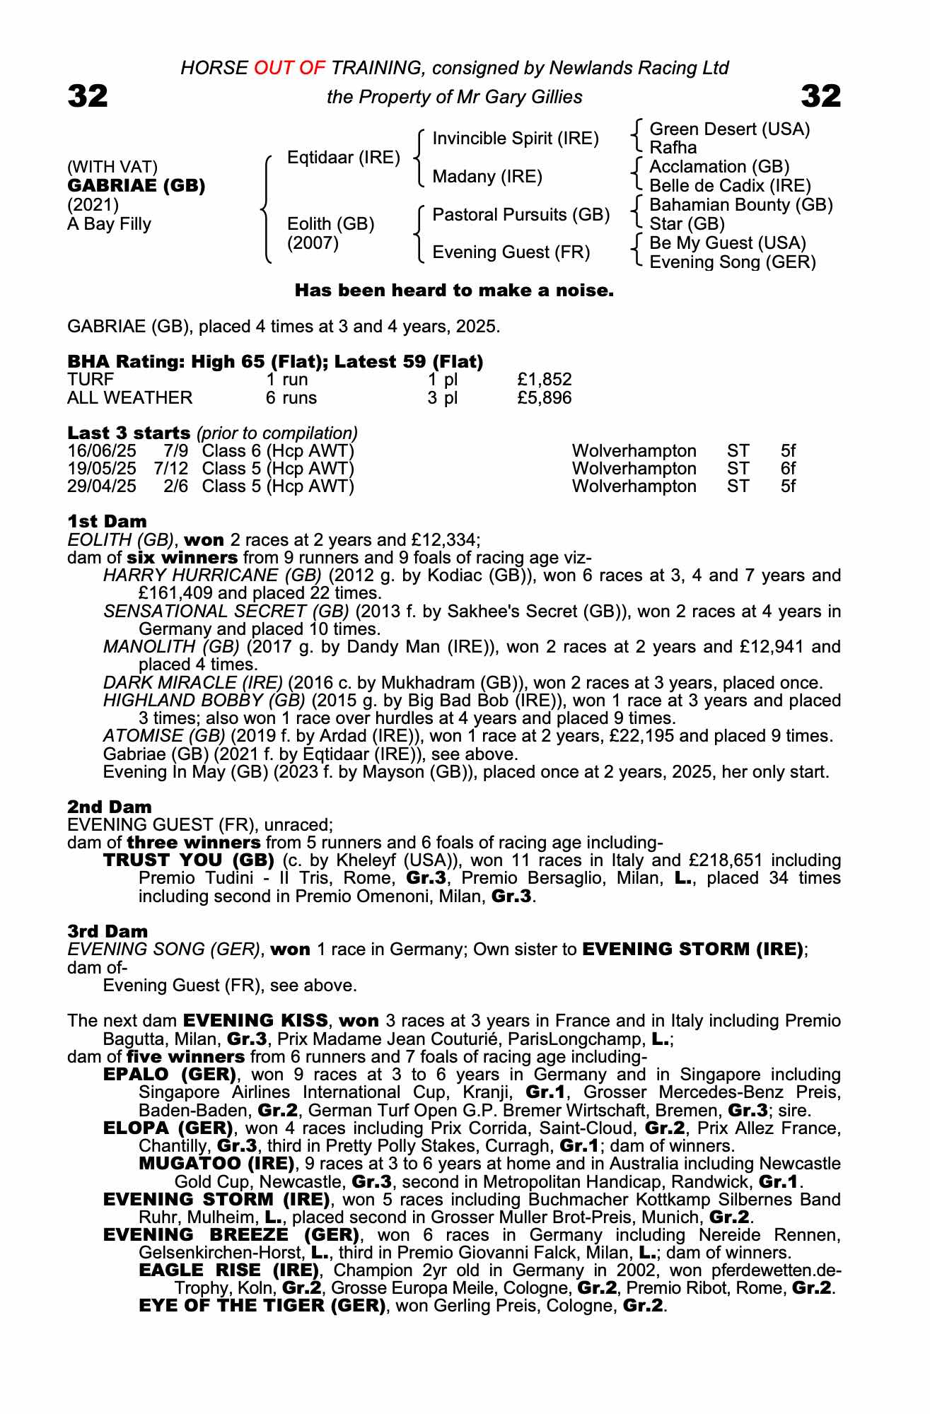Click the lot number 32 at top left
click(x=88, y=96)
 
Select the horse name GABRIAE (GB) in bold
click(x=136, y=186)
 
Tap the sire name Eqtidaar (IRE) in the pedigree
click(x=343, y=158)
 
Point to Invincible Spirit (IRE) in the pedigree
click(x=516, y=139)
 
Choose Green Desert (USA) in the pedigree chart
click(x=729, y=129)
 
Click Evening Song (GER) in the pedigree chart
click(x=733, y=262)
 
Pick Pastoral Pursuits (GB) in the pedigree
click(x=521, y=215)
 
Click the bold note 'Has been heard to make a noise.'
click(x=454, y=291)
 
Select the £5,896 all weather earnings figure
click(x=544, y=398)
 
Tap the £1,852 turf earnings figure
click(x=544, y=380)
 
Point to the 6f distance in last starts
click(x=788, y=469)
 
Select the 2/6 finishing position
click(x=176, y=486)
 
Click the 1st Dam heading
click(x=107, y=522)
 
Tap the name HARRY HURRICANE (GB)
click(x=212, y=575)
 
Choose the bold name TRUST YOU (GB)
click(x=189, y=860)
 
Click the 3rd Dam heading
click(x=107, y=932)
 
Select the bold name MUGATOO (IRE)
click(x=216, y=1164)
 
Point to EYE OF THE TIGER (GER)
click(x=262, y=1306)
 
